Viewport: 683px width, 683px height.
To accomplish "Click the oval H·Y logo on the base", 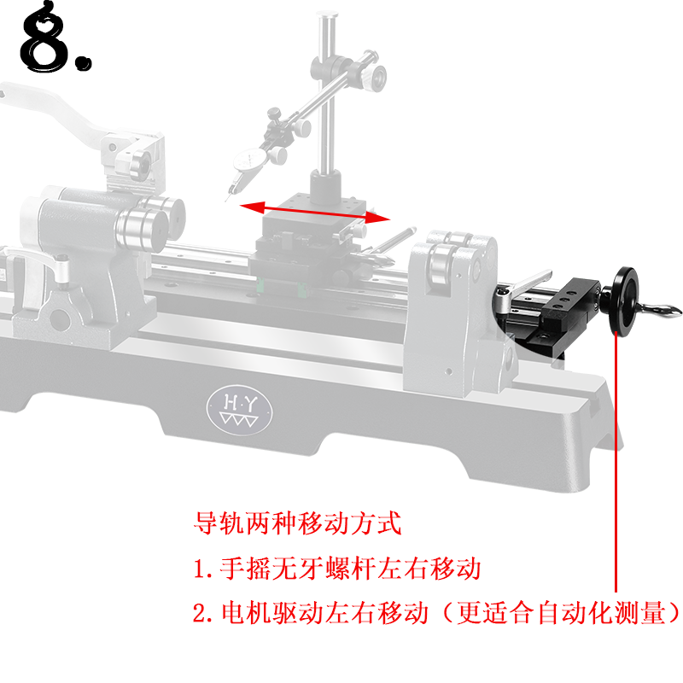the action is point(240,410).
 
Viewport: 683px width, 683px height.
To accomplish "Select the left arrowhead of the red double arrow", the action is point(253,207).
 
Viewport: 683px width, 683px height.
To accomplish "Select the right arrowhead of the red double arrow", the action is point(377,218).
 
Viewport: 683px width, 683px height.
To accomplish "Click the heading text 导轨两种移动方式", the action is point(297,523).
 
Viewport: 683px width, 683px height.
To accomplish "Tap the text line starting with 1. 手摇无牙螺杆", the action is point(336,569).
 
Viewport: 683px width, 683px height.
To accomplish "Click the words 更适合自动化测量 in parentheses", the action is point(562,613).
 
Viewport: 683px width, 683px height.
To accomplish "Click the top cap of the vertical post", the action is point(327,15).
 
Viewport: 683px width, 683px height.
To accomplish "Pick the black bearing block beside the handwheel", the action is point(570,305).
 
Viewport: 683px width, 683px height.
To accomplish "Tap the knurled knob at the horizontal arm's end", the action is point(375,77).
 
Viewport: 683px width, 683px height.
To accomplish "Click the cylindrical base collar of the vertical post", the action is point(325,186).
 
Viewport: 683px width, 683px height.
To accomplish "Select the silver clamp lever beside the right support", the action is point(522,289).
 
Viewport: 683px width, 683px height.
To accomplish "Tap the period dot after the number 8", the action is point(83,62).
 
